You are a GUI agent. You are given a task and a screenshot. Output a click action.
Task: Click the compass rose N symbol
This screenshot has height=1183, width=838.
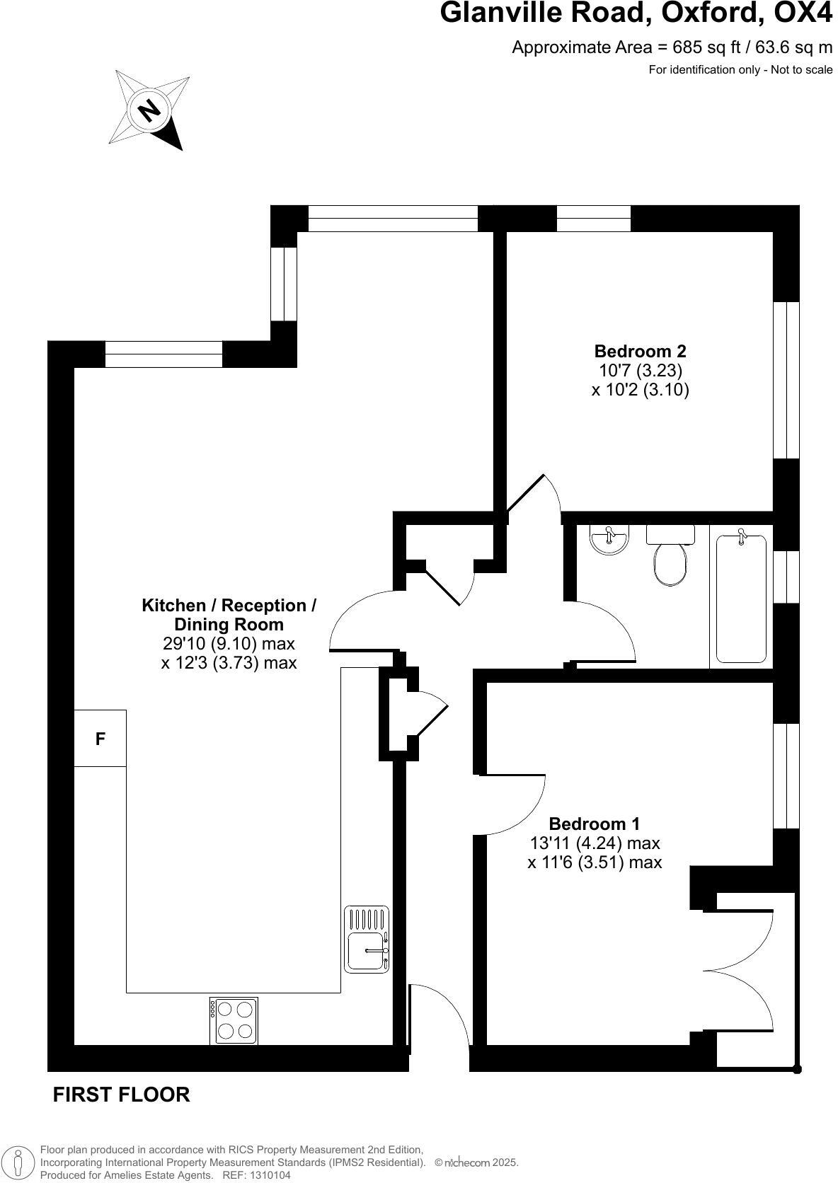pos(149,110)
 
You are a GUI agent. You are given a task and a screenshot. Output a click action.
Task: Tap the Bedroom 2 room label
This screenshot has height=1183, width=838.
pos(640,351)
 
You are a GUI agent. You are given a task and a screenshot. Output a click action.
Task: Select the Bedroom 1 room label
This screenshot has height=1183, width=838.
pos(594,824)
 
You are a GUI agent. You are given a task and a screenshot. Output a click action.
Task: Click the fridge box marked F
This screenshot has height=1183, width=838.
pos(101,738)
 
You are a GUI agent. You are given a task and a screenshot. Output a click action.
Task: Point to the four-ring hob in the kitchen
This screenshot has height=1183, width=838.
pos(234,1020)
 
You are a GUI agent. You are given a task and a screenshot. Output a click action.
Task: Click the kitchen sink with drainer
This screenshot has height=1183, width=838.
pos(367,939)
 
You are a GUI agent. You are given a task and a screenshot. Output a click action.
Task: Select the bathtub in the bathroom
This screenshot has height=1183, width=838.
pos(741,599)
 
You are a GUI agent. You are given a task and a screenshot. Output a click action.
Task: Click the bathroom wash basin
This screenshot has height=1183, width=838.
pos(609,540)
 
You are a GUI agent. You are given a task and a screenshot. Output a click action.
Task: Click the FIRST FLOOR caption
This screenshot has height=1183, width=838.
pos(121,1095)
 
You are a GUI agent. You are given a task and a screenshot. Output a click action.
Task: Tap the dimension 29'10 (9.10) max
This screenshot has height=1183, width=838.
pos(229,644)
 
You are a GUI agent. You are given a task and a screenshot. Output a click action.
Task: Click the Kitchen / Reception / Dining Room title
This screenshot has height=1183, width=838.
pos(229,615)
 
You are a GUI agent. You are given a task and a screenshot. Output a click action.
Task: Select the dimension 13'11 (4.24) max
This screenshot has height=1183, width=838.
pos(595,843)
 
